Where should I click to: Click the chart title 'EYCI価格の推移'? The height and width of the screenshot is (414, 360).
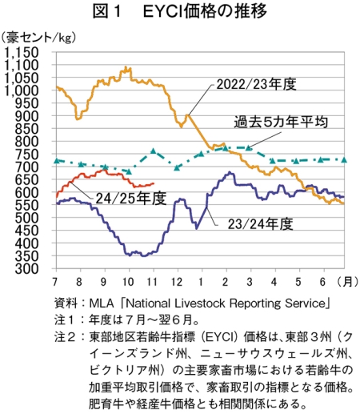pyautogui.click(x=205, y=11)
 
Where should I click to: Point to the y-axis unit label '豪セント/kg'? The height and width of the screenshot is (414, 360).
pyautogui.click(x=39, y=38)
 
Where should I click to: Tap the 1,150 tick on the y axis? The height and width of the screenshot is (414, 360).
pyautogui.click(x=22, y=52)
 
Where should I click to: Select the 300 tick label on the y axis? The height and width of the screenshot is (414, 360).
pyautogui.click(x=26, y=269)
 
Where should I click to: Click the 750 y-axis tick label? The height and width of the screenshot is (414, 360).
pyautogui.click(x=26, y=155)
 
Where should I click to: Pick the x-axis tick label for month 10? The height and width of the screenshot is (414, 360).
pyautogui.click(x=129, y=282)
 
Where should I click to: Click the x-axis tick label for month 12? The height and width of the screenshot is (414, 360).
pyautogui.click(x=177, y=282)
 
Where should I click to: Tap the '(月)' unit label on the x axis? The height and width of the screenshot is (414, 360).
pyautogui.click(x=347, y=282)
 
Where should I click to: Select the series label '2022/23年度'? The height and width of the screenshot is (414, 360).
pyautogui.click(x=256, y=84)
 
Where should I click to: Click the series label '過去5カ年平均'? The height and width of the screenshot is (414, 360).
pyautogui.click(x=281, y=122)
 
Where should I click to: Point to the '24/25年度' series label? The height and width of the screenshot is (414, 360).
pyautogui.click(x=131, y=199)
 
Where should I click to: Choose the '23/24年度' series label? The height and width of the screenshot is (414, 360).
pyautogui.click(x=260, y=223)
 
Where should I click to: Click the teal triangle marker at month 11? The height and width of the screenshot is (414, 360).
pyautogui.click(x=154, y=151)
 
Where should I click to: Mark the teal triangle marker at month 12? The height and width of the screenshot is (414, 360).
pyautogui.click(x=177, y=167)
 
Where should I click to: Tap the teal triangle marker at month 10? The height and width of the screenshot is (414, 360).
pyautogui.click(x=129, y=171)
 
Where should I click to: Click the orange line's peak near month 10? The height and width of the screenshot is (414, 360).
pyautogui.click(x=126, y=66)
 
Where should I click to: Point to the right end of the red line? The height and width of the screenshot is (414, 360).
pyautogui.click(x=154, y=183)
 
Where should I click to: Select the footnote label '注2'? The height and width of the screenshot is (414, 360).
pyautogui.click(x=65, y=336)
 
